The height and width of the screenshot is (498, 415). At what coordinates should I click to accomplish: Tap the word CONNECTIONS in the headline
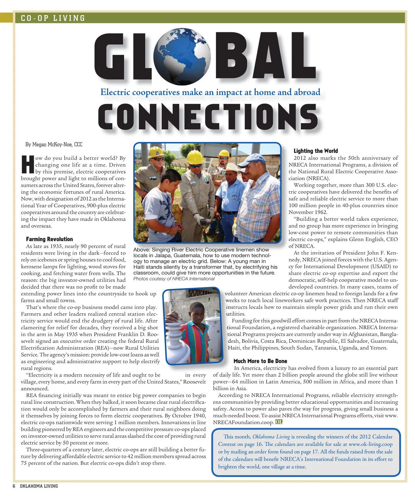tap(208, 117)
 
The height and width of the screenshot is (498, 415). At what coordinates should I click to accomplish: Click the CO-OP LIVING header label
tap(53, 18)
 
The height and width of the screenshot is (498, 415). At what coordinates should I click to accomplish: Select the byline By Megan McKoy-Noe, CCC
tap(54, 145)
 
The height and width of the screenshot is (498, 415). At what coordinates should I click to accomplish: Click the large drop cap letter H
tap(28, 165)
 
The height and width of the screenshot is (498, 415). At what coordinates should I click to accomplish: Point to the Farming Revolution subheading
tap(49, 239)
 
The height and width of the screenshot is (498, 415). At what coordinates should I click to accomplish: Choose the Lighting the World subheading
tap(315, 151)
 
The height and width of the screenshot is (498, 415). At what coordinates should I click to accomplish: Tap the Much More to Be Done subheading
tap(260, 361)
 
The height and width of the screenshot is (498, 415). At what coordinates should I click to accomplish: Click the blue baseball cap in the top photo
tap(251, 160)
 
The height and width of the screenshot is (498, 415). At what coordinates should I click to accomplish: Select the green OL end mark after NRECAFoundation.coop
tap(279, 422)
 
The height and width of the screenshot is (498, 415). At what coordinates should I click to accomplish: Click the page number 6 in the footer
tap(14, 486)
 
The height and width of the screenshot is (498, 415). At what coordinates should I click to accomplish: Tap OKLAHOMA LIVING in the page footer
tap(39, 486)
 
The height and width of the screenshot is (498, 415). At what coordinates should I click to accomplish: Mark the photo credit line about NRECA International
tap(174, 279)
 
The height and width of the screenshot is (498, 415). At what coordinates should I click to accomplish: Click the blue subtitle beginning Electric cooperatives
tap(210, 92)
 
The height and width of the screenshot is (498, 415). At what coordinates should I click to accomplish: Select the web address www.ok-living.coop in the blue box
tap(370, 444)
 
